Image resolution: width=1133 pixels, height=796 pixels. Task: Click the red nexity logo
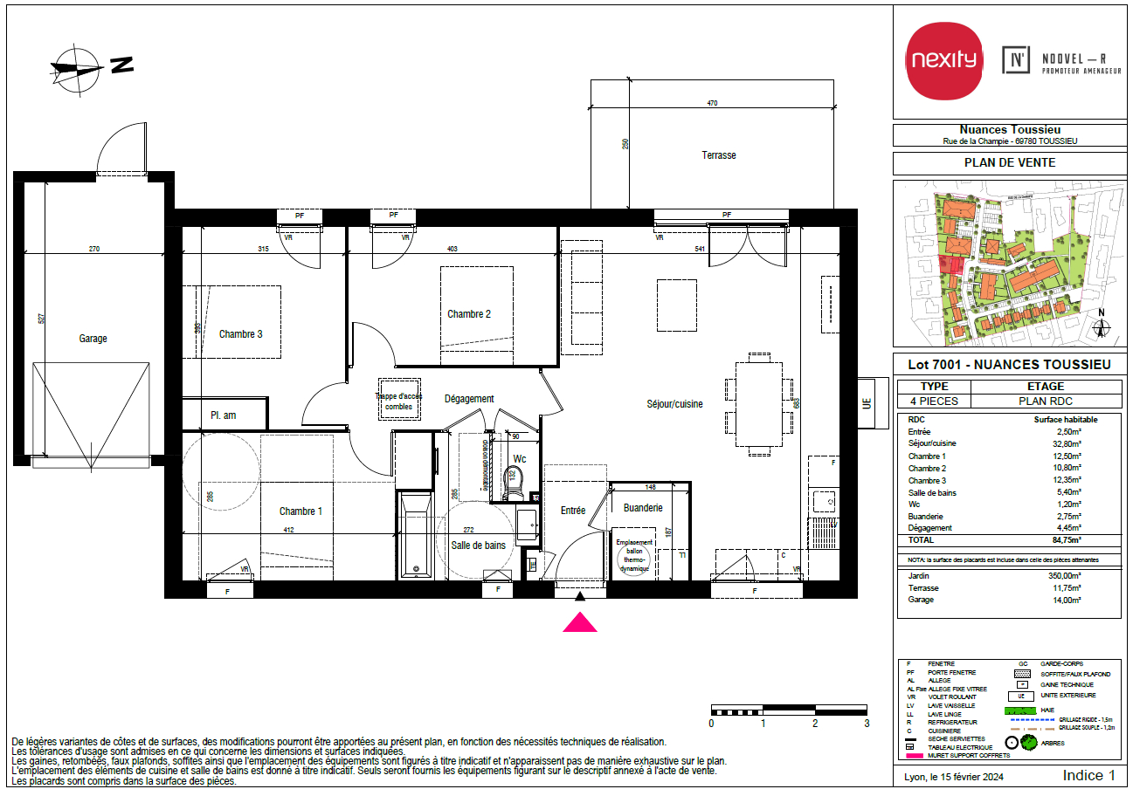click(x=943, y=60)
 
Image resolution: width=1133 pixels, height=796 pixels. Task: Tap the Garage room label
click(x=93, y=339)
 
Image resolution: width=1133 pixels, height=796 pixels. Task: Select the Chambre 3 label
click(x=240, y=333)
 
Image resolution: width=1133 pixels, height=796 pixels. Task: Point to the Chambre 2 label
click(x=469, y=314)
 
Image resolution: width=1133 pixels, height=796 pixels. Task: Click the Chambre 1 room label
click(x=301, y=511)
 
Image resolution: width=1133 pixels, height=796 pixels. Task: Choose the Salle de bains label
click(x=478, y=546)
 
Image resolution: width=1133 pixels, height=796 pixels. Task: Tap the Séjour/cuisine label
click(x=674, y=403)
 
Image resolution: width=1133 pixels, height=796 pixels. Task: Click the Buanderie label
click(x=643, y=508)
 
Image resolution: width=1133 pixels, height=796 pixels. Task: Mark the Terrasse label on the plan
click(x=718, y=155)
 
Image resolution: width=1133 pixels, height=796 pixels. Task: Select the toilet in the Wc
click(x=514, y=482)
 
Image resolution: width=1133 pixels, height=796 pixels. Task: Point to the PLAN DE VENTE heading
click(x=1009, y=162)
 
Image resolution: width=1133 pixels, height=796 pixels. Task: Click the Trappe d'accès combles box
click(x=398, y=401)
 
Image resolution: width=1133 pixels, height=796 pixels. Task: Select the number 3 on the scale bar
click(x=867, y=724)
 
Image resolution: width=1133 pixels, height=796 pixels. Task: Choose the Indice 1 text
click(x=1088, y=775)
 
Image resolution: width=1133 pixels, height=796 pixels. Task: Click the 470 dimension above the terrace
click(x=711, y=104)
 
